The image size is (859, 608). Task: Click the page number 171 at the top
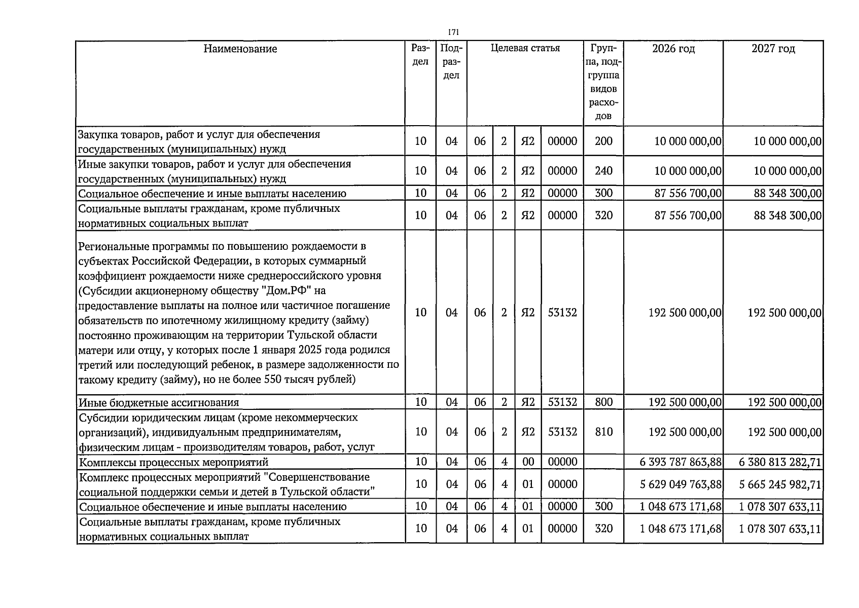(x=454, y=32)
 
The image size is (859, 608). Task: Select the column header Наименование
(x=240, y=49)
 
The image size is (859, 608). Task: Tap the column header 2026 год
(x=673, y=49)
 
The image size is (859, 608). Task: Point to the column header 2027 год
(x=773, y=49)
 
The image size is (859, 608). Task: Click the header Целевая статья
(x=525, y=49)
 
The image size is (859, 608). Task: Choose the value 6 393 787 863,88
(x=681, y=462)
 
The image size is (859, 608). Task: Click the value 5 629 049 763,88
(x=681, y=484)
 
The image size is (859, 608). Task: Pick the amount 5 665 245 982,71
(x=780, y=484)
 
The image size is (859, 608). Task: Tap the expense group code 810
(x=603, y=432)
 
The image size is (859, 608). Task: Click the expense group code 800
(x=603, y=402)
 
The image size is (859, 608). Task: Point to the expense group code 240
(x=603, y=171)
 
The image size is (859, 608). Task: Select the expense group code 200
(x=603, y=141)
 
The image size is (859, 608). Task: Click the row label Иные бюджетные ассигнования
(x=159, y=403)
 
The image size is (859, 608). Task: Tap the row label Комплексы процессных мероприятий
(x=173, y=462)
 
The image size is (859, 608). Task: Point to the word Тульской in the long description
(x=320, y=335)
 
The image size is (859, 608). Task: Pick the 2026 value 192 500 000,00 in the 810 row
(x=685, y=432)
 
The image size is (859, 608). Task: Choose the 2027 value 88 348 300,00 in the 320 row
(x=788, y=216)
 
